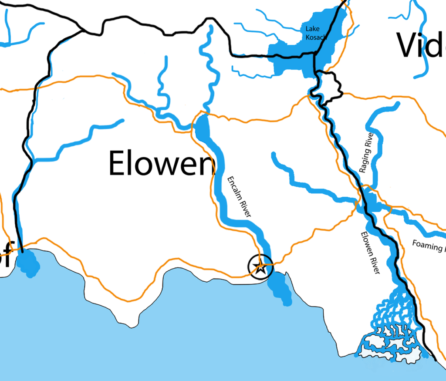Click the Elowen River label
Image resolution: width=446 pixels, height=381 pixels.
coord(370,253)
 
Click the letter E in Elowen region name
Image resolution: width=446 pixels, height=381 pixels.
coord(118,162)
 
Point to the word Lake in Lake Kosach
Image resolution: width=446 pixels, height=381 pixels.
coord(311,29)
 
